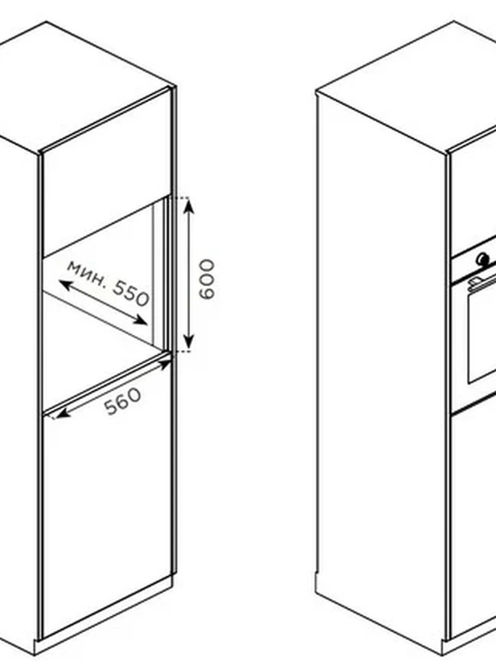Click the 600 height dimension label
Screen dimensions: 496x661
(x=207, y=280)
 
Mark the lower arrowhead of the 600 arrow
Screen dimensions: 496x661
(x=188, y=342)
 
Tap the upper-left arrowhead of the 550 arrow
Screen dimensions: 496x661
(x=66, y=285)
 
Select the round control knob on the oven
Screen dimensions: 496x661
(x=483, y=258)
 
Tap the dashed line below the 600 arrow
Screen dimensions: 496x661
(x=181, y=351)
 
